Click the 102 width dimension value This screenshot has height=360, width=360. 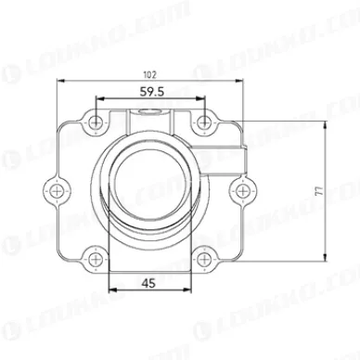point(150,73)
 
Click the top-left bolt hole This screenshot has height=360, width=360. point(95,120)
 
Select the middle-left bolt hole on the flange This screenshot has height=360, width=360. point(59,189)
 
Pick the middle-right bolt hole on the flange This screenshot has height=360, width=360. point(241,189)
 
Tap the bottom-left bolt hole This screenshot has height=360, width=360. point(95,258)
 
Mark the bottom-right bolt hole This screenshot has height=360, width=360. point(206,258)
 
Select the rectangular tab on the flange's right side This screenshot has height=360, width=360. point(243,155)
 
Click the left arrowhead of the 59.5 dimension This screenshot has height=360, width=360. point(97,100)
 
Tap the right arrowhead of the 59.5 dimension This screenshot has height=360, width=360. point(203,100)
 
